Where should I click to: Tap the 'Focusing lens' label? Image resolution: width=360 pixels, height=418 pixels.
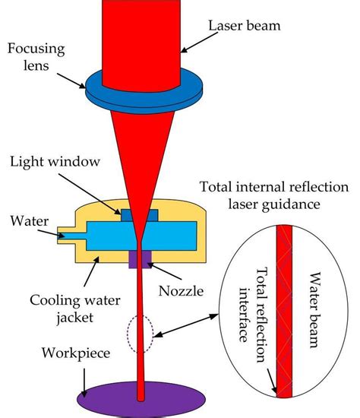tap(36, 58)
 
